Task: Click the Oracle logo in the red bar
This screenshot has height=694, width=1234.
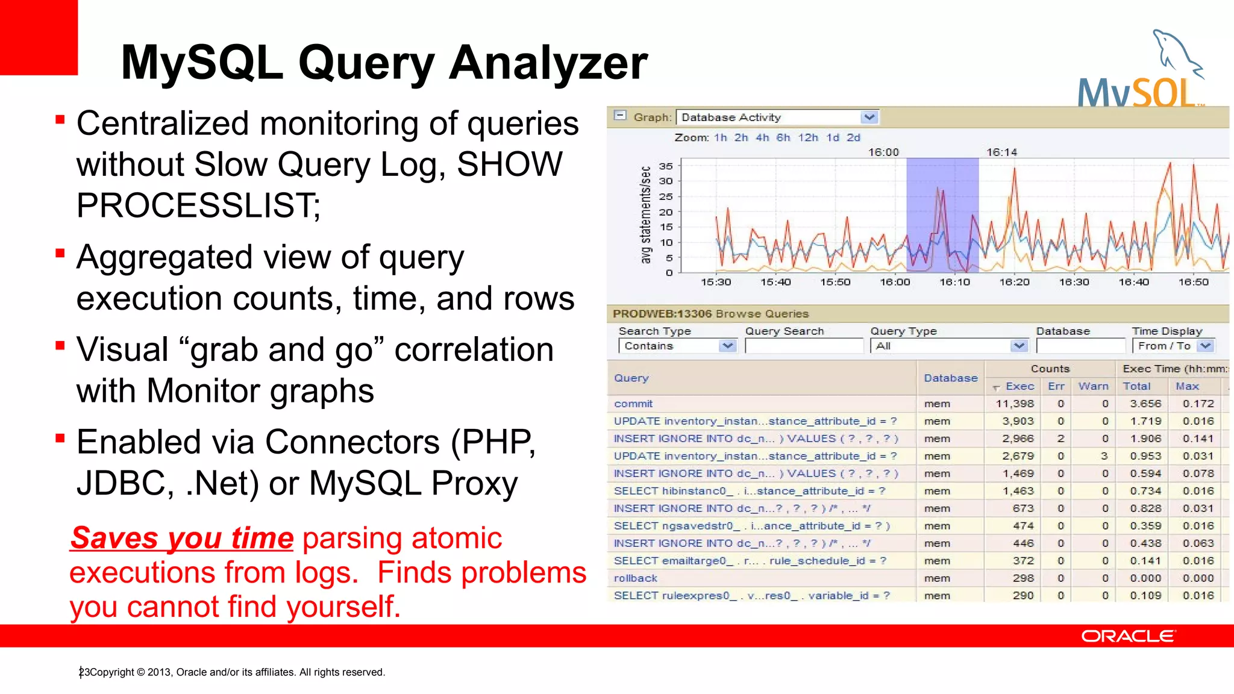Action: [x=1127, y=636]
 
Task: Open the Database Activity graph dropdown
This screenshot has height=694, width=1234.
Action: [x=868, y=117]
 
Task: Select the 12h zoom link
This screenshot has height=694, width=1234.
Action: [x=807, y=137]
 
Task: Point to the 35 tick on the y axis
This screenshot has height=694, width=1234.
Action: [x=665, y=166]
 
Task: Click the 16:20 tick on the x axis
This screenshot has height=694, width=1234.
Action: [x=1014, y=282]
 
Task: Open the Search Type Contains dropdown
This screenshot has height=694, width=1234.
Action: [x=727, y=346]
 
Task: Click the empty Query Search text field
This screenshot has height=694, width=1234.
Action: [x=804, y=346]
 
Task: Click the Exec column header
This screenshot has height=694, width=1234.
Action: [x=1019, y=386]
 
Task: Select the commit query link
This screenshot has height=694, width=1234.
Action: [x=633, y=404]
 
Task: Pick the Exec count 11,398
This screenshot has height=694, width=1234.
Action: [x=1015, y=404]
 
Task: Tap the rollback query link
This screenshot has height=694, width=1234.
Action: [x=635, y=578]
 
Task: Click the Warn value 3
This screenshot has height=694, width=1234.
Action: [x=1104, y=456]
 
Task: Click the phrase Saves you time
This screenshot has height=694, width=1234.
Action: [x=182, y=538]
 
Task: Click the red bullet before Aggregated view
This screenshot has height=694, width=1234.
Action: [x=60, y=253]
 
